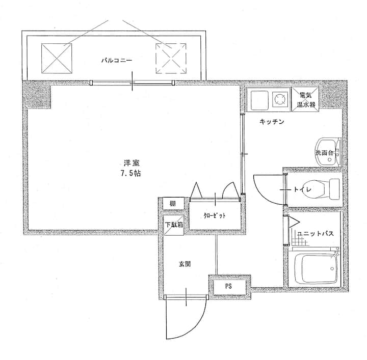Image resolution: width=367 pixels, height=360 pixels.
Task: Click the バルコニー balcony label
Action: coord(117,61)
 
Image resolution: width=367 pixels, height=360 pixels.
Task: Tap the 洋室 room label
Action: coord(132,163)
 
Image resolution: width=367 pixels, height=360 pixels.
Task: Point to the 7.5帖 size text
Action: coord(130,173)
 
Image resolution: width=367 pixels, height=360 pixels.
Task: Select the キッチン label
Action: coord(272,122)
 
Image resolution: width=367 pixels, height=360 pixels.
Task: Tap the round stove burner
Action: coord(280,98)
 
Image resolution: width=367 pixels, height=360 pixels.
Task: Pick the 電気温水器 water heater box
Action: coord(305,99)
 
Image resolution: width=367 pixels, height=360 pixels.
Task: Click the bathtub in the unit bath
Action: coord(313,268)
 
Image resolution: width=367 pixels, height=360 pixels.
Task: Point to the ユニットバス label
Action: coord(315,234)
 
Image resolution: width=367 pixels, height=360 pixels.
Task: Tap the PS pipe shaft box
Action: coord(229,287)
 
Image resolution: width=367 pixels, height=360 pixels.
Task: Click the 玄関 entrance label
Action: coord(185,264)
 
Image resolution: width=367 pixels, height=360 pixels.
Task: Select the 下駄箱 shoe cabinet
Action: coord(173,225)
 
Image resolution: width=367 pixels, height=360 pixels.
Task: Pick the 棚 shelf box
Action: coord(173,203)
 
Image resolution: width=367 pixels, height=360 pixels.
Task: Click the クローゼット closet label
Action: coord(215,215)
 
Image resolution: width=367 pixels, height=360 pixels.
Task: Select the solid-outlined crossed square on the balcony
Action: coord(57,58)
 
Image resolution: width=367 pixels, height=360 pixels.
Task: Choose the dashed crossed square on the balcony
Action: coord(171,58)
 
